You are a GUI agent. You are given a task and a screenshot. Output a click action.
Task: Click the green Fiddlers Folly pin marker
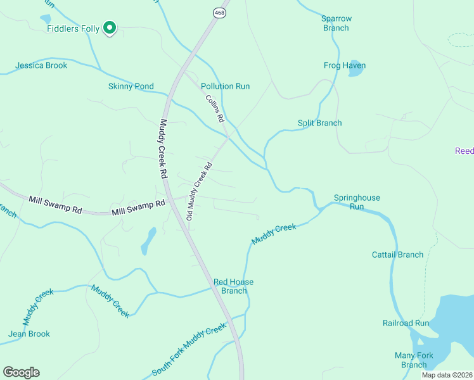[x=109, y=27]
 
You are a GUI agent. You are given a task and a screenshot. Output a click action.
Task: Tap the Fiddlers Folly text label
[x=72, y=29]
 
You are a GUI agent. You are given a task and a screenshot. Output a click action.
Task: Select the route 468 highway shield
[x=219, y=12]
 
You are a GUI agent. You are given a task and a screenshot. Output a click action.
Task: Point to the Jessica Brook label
[x=41, y=65]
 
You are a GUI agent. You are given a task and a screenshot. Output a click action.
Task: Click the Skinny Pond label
[x=131, y=86]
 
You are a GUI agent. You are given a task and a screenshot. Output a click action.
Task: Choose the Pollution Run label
[x=225, y=86]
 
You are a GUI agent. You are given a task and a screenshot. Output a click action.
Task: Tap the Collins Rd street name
[x=215, y=108]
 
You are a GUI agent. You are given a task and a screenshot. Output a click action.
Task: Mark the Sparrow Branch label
[x=336, y=23]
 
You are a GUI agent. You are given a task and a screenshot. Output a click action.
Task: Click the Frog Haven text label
[x=345, y=65]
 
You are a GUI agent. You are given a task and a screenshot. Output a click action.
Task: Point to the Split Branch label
[x=319, y=123]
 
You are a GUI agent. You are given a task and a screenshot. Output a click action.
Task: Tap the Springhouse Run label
[x=357, y=202]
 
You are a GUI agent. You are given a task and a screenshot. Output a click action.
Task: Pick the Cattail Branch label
[x=397, y=255]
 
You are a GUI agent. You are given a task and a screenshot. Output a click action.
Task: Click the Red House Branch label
[x=233, y=286]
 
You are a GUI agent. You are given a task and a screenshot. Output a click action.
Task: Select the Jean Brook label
[x=29, y=334]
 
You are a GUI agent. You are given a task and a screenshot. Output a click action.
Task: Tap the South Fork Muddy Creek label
[x=189, y=349]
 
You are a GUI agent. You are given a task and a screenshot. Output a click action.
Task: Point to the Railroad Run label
[x=406, y=323]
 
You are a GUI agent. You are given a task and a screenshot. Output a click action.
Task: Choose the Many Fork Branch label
[x=414, y=360]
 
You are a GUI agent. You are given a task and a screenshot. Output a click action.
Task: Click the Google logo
[x=21, y=372]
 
